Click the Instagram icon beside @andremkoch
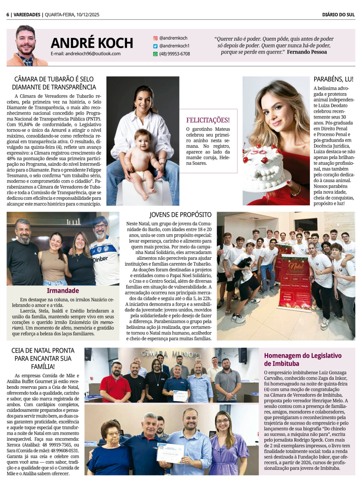[x=155, y=38]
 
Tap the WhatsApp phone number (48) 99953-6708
[x=174, y=54]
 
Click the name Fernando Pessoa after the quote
[x=307, y=52]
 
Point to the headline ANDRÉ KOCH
[x=92, y=43]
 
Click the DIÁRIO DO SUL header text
[x=338, y=15]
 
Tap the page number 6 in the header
[x=8, y=15]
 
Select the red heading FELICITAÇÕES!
[x=208, y=120]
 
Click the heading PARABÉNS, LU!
[x=333, y=79]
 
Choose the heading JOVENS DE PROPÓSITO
[x=180, y=215]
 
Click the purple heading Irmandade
[x=63, y=291]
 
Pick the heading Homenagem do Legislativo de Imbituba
[x=303, y=360]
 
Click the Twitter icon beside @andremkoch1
[x=155, y=46]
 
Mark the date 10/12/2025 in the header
[x=87, y=15]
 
